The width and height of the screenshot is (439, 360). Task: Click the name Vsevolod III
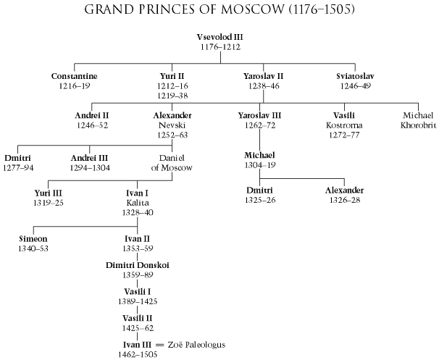219,36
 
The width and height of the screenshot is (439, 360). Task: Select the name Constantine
75,75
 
